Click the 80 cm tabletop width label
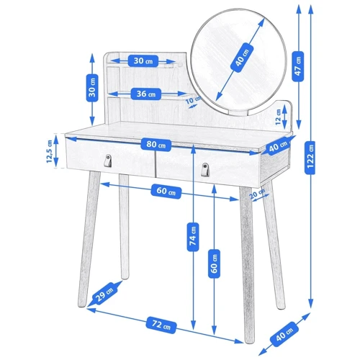coord(156,145)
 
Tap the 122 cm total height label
coord(310,158)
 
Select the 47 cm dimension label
coord(298,66)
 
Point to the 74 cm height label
coord(193,237)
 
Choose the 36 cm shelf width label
coord(146,94)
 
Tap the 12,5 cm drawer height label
coord(50,151)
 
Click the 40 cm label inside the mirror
coord(242,58)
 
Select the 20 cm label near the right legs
coord(257,194)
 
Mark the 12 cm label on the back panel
coord(278,117)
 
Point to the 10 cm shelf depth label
coord(193,100)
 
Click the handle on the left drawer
coord(108,160)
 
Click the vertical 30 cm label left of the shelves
coord(92,88)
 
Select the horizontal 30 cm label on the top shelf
coord(143,60)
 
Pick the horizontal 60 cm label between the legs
coord(166,192)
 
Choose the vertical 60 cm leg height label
coord(215,264)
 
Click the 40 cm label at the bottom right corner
coord(284,334)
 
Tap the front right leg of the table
coord(248,264)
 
